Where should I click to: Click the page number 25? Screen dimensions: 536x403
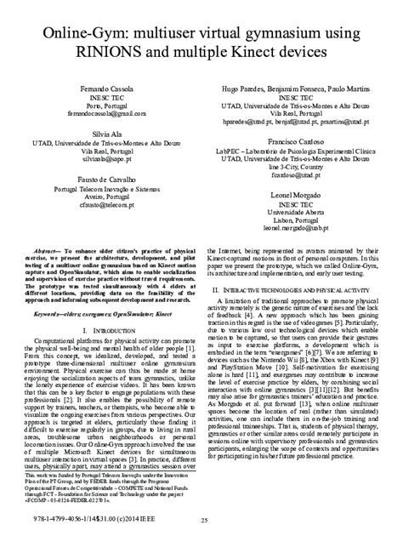pyautogui.click(x=201, y=520)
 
